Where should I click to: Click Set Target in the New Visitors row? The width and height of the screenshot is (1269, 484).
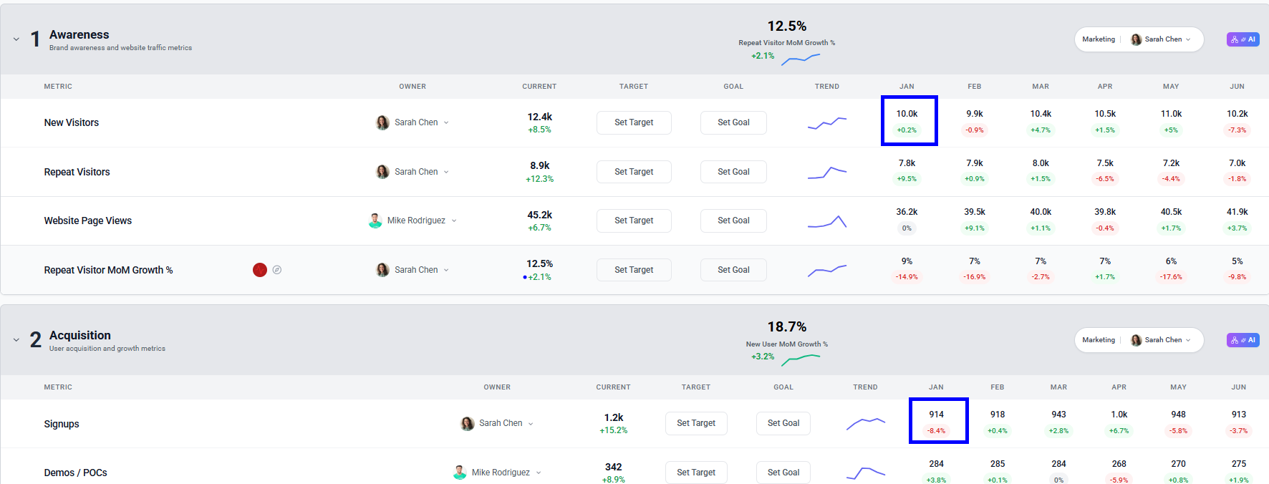pos(634,122)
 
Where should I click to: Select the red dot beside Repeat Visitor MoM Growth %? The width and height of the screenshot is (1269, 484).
pos(260,270)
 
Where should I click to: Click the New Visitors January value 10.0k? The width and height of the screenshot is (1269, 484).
pos(907,114)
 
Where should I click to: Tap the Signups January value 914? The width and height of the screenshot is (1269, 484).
pos(936,415)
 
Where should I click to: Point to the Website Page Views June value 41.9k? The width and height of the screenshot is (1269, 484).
pos(1237,212)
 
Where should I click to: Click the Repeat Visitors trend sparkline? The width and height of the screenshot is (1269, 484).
pos(827,173)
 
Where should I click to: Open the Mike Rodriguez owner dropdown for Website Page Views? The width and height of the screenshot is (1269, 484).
pos(454,221)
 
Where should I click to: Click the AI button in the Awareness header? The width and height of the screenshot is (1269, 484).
pos(1243,39)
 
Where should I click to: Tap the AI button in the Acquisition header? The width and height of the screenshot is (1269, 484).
pos(1243,340)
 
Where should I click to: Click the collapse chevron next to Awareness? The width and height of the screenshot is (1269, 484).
pos(16,39)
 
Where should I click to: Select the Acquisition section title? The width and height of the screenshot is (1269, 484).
pos(80,335)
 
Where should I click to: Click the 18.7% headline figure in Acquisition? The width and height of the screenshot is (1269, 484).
pos(786,326)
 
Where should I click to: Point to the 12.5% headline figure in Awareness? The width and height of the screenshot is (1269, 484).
pos(786,26)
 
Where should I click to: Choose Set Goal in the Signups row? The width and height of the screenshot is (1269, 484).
pos(783,423)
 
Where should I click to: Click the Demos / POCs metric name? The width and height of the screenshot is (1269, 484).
pos(75,473)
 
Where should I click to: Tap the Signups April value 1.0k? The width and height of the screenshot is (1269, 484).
pos(1119,415)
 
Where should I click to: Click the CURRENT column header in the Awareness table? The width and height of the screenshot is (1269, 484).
pos(539,87)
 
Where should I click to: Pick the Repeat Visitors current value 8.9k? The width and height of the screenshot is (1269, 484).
pos(539,165)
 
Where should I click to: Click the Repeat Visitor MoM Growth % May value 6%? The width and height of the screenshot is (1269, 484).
pos(1171,261)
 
